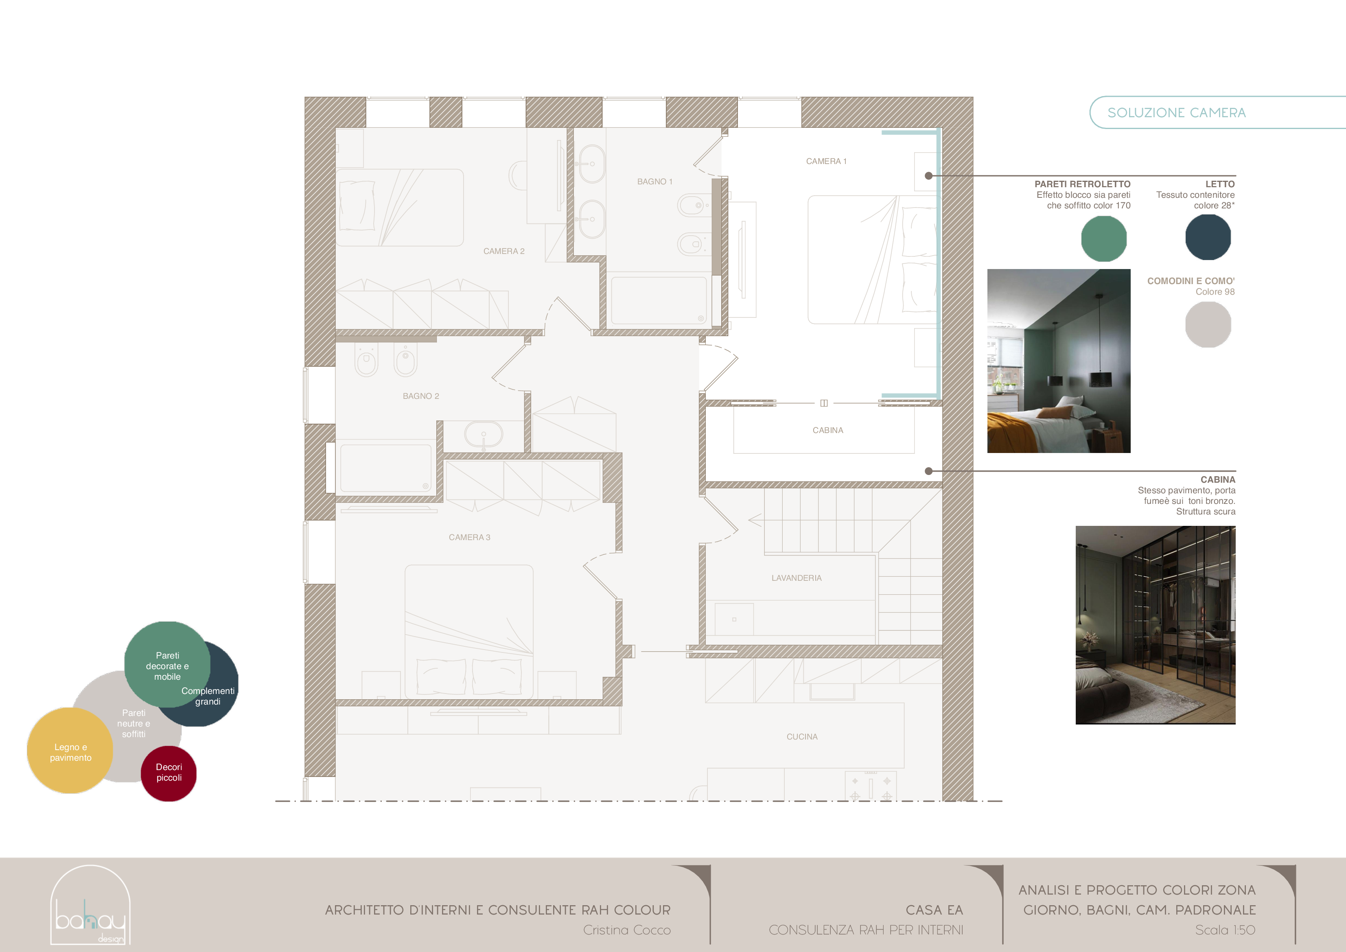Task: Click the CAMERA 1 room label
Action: pos(826,161)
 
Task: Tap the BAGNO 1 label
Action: pos(655,182)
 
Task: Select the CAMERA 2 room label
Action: pos(503,251)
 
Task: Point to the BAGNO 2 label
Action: pos(420,396)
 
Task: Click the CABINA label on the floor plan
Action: pos(828,430)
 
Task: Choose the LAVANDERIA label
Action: pos(796,578)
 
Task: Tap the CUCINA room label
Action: pos(802,737)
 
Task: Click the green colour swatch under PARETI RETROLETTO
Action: pos(1103,239)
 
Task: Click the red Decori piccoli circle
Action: pos(169,773)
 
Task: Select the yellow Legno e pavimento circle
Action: pos(70,751)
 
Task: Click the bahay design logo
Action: pos(90,905)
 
